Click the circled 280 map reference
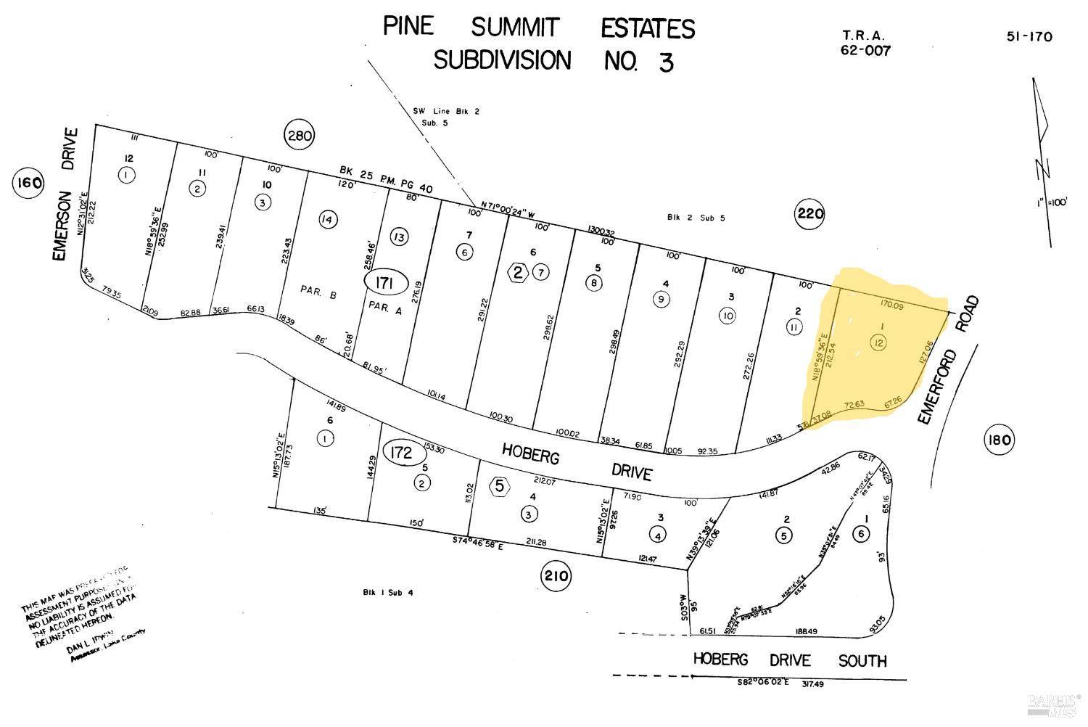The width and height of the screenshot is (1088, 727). [299, 134]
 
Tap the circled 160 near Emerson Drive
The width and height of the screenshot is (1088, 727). [28, 184]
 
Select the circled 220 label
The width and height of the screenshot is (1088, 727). [810, 213]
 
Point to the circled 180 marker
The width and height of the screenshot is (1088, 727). [999, 439]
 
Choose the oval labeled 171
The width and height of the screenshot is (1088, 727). [385, 283]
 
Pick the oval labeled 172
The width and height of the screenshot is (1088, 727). [402, 453]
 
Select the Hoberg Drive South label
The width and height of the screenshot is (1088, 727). [789, 660]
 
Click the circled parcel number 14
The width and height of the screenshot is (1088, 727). [328, 219]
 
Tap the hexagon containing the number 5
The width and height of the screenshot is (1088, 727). [499, 485]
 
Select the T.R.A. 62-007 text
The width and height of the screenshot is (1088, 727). [865, 43]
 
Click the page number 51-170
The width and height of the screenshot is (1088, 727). [1029, 36]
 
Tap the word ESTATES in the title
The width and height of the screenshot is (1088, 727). [647, 29]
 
